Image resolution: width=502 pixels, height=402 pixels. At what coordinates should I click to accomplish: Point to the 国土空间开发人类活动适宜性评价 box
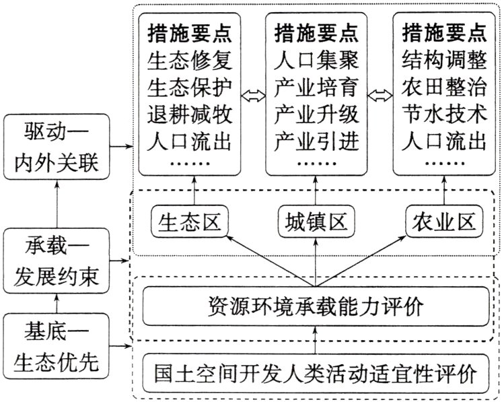pos(315,371)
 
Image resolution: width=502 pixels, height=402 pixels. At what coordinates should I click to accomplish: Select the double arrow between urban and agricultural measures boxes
pos(380,95)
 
